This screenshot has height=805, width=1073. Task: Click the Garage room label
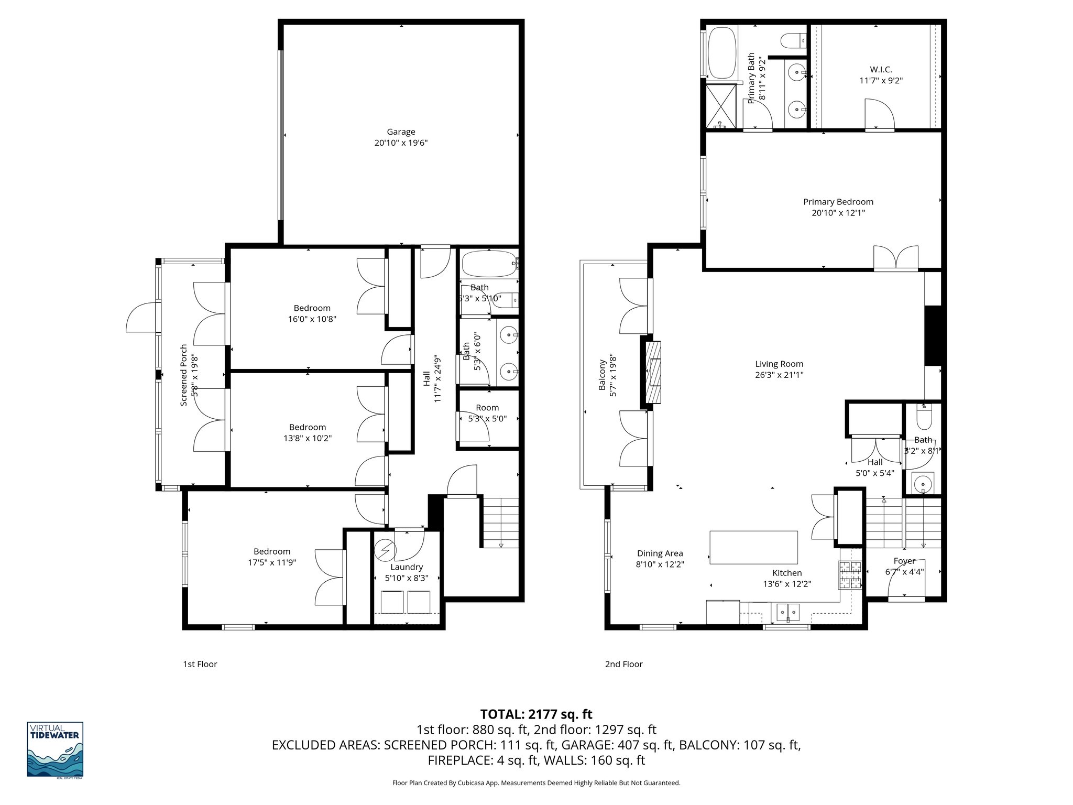401,132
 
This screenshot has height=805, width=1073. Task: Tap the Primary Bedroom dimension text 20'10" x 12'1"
838,213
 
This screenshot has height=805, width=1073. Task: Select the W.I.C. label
881,69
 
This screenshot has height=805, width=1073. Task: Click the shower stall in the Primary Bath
721,106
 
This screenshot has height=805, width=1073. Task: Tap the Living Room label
779,364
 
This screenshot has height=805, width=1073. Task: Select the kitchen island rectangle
753,547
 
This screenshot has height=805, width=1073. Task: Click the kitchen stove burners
850,575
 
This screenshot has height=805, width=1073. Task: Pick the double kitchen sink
787,611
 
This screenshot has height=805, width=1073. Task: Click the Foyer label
904,561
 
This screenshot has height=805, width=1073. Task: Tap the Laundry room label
407,567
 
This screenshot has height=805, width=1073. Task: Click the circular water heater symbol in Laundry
386,550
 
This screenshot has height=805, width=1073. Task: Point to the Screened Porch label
184,375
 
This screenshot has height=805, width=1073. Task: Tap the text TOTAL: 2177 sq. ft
536,714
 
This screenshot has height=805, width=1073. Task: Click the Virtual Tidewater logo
55,749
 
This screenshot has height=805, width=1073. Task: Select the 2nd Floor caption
623,664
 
